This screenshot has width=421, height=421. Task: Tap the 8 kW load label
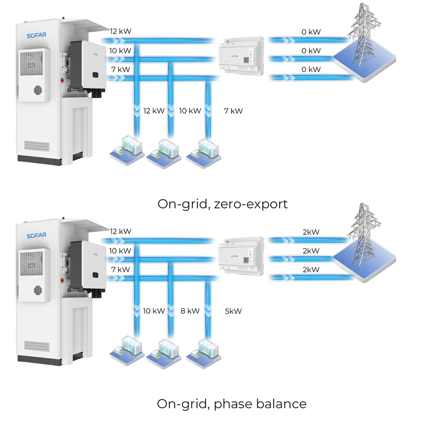click(190, 311)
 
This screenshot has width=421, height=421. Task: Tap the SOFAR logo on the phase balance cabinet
click(36, 235)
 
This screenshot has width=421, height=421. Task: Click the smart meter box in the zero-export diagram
click(241, 56)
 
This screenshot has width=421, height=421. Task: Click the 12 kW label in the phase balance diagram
click(120, 231)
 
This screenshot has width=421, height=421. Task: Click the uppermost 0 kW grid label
click(312, 32)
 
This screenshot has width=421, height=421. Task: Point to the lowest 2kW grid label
click(312, 269)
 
